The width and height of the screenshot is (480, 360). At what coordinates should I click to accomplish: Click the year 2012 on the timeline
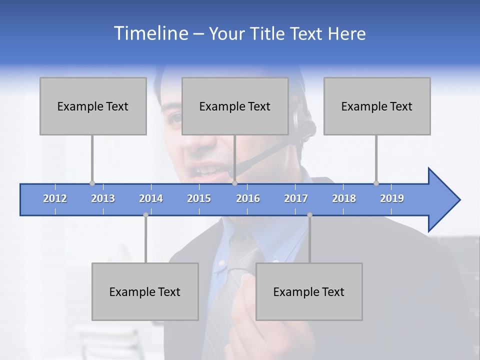click(x=55, y=198)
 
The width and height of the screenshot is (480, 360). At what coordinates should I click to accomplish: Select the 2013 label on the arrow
click(x=103, y=198)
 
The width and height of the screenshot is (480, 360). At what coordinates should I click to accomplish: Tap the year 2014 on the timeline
click(x=151, y=198)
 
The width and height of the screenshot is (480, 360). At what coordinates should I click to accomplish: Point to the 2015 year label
click(x=199, y=198)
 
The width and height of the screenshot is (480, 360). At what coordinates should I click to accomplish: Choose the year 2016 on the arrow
click(x=248, y=198)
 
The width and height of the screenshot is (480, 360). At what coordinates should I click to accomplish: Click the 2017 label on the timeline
click(x=296, y=198)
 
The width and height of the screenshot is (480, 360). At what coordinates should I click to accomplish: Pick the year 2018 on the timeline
click(x=344, y=198)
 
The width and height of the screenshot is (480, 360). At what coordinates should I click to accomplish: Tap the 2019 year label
click(x=392, y=198)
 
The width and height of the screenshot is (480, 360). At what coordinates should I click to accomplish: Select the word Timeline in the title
click(x=150, y=33)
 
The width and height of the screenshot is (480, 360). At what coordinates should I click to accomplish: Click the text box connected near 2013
click(x=93, y=106)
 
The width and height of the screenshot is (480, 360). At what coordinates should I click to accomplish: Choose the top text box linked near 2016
click(x=235, y=106)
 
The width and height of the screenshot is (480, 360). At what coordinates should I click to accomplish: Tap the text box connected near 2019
click(x=377, y=106)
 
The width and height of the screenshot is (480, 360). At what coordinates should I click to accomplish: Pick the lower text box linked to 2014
click(x=145, y=291)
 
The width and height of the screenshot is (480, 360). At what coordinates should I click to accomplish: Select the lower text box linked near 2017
click(x=309, y=291)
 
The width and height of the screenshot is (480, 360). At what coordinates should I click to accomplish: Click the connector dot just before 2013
click(x=92, y=183)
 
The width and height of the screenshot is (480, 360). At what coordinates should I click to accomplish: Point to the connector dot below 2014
click(x=145, y=215)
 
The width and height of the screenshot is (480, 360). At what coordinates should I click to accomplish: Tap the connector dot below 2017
click(x=309, y=215)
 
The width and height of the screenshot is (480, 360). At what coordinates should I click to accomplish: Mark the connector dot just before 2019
click(x=376, y=183)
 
